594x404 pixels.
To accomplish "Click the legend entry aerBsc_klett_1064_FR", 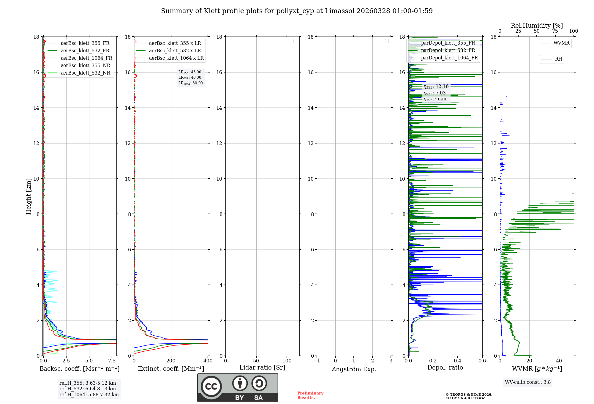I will coord(86,58).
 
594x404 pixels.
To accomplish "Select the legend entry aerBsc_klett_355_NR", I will coord(85,65).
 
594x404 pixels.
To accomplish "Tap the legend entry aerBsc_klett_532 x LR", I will coord(175,50).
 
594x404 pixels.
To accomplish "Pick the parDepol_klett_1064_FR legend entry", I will coord(449,58).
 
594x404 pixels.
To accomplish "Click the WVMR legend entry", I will coord(561,43).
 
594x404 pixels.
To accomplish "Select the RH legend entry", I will coord(558,59).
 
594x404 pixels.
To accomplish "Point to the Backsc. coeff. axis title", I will coord(79,369).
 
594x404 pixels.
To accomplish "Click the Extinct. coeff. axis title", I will coord(171,369).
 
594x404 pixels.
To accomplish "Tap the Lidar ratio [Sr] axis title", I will coord(262,367).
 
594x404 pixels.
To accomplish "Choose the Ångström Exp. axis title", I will coord(354,369).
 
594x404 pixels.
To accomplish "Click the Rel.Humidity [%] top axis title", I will coord(537,26).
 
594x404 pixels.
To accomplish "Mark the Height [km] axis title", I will coord(29,196).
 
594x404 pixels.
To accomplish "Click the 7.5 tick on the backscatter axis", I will coord(112,361).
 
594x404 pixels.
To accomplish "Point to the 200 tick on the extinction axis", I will coord(171,361).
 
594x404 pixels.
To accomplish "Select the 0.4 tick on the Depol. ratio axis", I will coord(458,361).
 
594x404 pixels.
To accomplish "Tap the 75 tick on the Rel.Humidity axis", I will coord(555,31).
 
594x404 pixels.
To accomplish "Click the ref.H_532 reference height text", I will coord(88,389).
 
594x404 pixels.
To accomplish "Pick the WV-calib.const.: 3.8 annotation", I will coord(527,382).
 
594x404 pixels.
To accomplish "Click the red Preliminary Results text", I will coord(310,395).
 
